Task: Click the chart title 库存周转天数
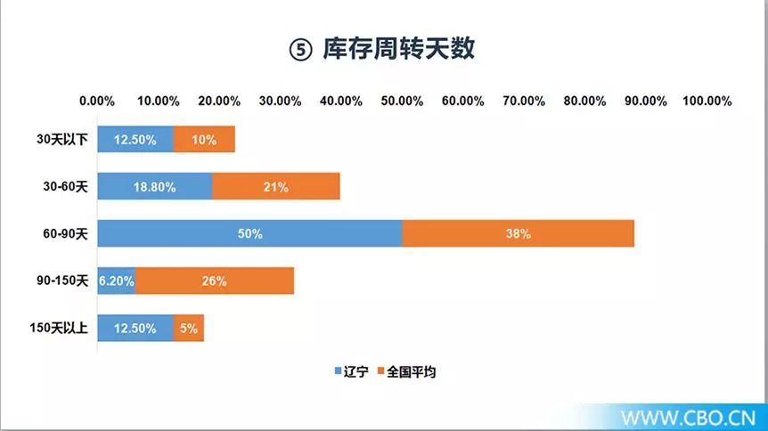398,48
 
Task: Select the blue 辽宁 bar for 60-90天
249,233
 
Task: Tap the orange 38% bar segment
519,233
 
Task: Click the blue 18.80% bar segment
155,186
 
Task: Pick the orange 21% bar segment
276,186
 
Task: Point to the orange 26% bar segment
215,281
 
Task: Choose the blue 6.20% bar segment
117,281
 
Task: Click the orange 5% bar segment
189,328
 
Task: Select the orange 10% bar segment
204,139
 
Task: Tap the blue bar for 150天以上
135,328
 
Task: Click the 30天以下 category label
62,139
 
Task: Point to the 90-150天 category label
62,281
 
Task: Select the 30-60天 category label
66,186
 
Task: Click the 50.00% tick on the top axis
402,101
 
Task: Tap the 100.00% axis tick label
707,101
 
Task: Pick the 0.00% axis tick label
97,101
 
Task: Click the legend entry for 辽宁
351,371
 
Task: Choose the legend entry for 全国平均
406,371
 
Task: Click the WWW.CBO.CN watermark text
688,418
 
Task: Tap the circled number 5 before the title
300,50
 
